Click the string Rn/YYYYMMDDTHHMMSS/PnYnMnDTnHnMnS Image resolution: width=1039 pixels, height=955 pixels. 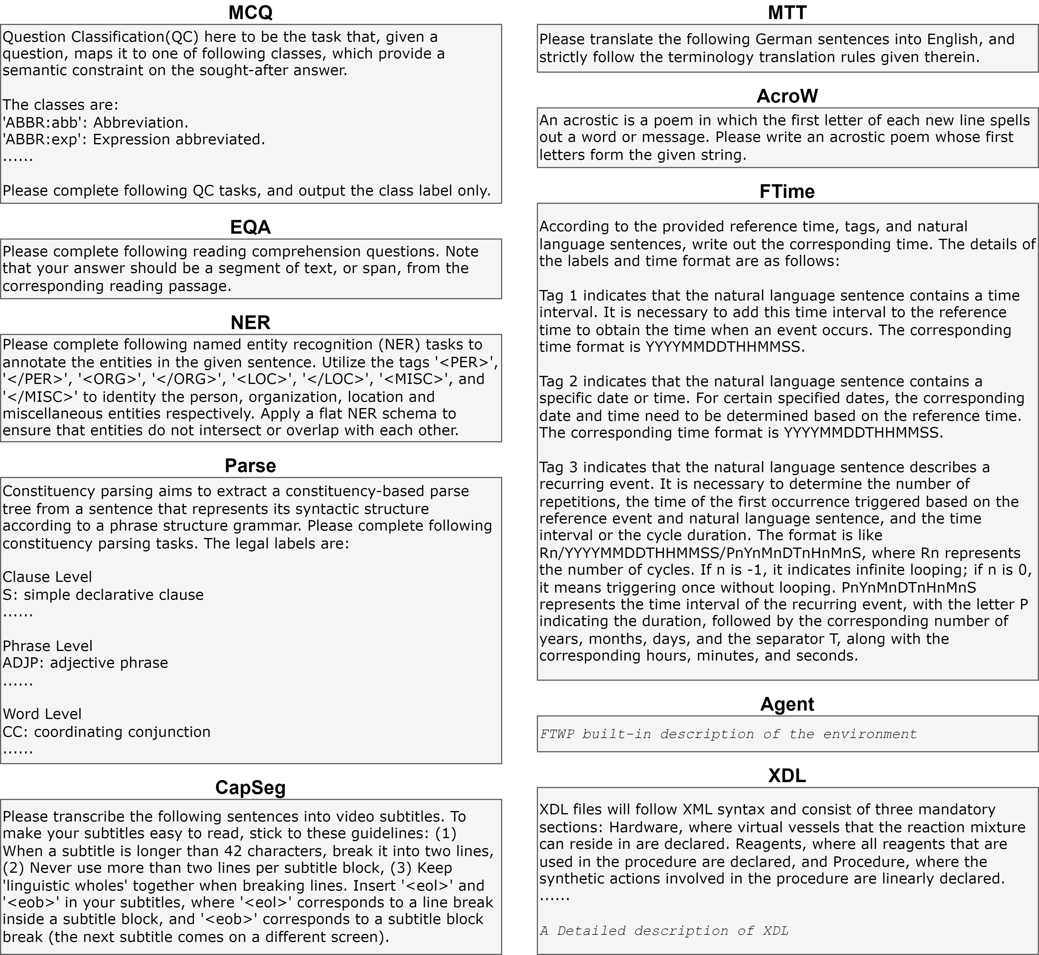pos(701,553)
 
